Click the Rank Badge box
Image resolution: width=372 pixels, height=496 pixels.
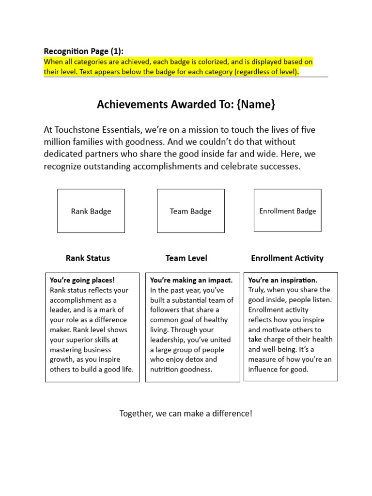[x=91, y=211]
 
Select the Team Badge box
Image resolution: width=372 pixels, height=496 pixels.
[x=190, y=211]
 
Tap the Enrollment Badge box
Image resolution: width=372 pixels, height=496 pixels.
[x=287, y=211]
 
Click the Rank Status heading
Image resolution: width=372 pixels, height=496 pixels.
[x=88, y=258]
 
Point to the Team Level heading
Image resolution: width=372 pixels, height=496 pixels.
[x=186, y=258]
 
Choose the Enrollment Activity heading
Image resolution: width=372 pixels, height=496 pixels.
[x=287, y=258]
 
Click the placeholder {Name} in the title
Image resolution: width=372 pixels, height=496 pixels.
[x=256, y=104]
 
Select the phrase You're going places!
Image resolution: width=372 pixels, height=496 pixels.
[x=82, y=280]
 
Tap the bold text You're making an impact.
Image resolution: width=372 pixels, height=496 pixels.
[x=191, y=280]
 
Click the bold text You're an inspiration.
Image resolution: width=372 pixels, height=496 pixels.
[x=283, y=280]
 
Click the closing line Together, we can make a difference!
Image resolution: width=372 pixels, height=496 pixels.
[x=186, y=414]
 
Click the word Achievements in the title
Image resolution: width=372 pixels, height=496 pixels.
[x=129, y=104]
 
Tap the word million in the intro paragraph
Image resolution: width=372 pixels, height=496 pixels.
[x=57, y=142]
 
